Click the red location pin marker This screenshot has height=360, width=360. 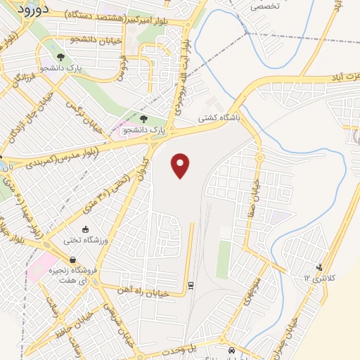(x=181, y=165)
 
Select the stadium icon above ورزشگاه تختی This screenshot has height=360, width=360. (x=86, y=229)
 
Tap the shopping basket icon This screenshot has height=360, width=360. (x=73, y=259)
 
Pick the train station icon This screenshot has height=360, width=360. (x=190, y=285)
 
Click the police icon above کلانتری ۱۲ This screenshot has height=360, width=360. (x=320, y=267)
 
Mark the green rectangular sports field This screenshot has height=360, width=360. (x=223, y=259)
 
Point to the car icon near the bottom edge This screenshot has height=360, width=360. (x=231, y=349)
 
